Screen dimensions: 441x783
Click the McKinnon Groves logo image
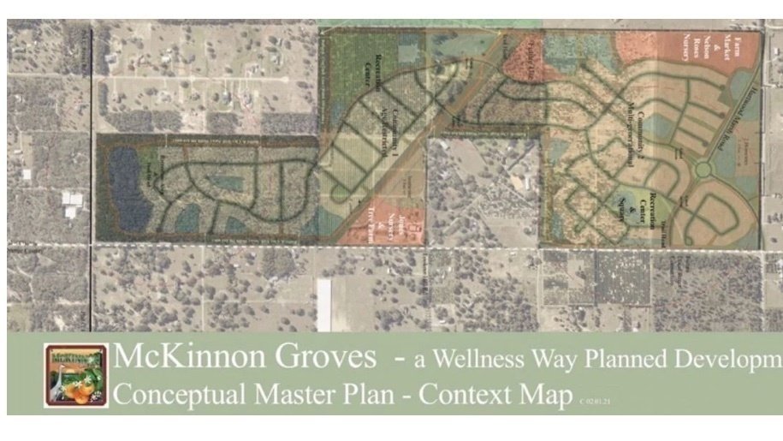(76, 375)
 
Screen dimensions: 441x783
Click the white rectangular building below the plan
(323, 304)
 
